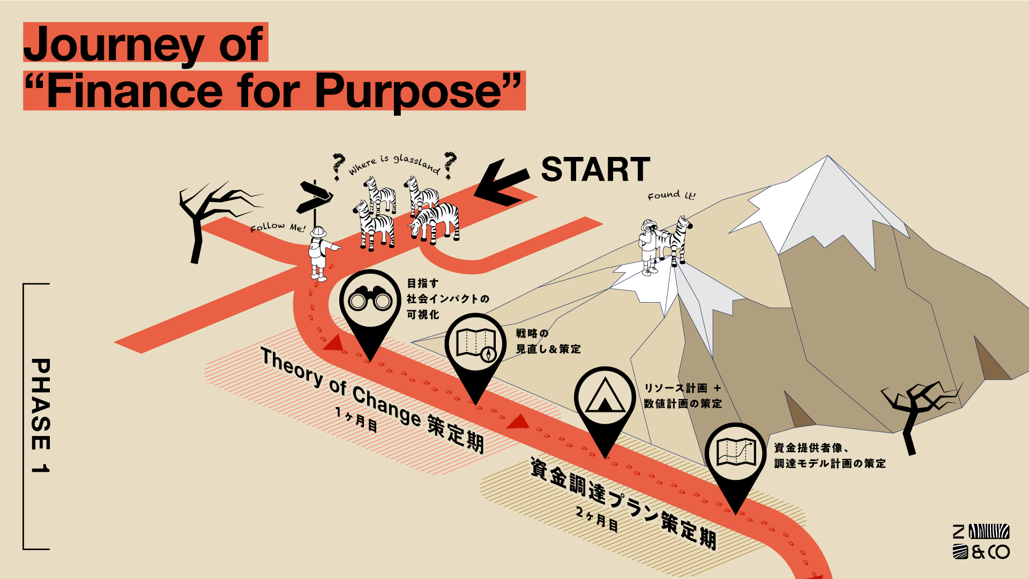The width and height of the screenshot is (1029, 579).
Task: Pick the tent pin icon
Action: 605,398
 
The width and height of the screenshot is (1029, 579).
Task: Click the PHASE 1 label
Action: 41,416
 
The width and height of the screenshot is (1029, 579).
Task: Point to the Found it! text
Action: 671,195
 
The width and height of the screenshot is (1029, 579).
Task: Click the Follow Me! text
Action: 277,228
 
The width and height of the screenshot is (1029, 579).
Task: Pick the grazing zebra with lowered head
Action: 435,221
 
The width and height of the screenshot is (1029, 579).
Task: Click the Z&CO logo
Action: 981,541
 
